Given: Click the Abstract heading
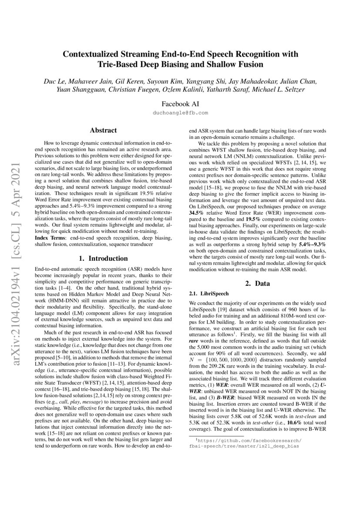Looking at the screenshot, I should (x=103, y=130).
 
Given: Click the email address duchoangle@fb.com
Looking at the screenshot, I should (x=180, y=112).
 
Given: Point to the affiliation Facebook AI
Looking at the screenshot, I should (x=180, y=104).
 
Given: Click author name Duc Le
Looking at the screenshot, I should (x=54, y=82).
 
